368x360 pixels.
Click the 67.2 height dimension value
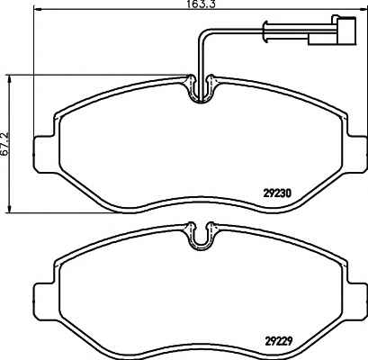(5, 143)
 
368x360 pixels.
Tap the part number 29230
(277, 193)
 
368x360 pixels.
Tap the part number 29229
(279, 341)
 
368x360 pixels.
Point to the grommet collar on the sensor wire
(265, 31)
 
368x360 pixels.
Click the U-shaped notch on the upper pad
(201, 89)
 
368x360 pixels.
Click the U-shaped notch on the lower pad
(201, 236)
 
